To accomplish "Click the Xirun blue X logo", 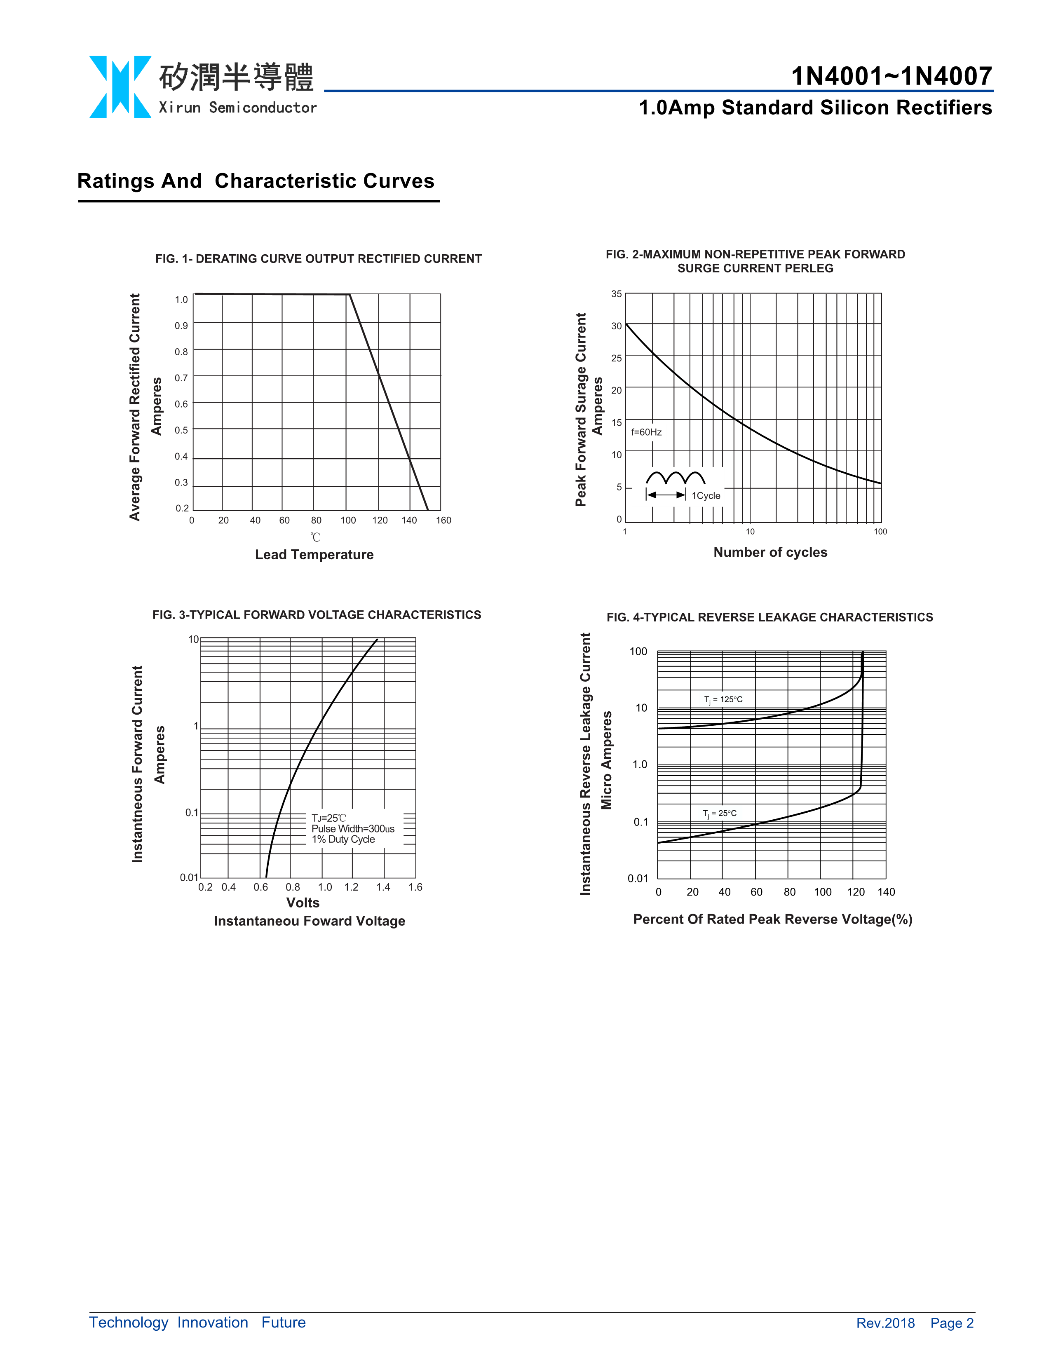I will pos(120,87).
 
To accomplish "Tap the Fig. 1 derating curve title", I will pos(318,258).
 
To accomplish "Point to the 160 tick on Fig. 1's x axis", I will pos(443,521).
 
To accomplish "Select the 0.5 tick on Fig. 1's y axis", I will pos(181,430).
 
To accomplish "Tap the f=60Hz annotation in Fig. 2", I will pos(646,432).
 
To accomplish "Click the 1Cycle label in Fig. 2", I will pos(706,496).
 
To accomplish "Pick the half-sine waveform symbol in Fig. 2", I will pos(676,478).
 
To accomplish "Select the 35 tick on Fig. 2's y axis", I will pos(617,294).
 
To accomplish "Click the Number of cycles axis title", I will pos(770,552).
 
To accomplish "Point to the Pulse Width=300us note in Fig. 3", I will pos(353,829).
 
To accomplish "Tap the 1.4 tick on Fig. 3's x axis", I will pos(383,887).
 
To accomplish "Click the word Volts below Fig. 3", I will pos(303,903).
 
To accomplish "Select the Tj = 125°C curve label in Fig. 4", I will pos(723,700).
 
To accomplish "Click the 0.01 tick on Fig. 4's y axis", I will pos(638,879).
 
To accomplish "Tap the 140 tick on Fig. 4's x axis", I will pos(886,892).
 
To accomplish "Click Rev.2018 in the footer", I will pos(885,1323).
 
